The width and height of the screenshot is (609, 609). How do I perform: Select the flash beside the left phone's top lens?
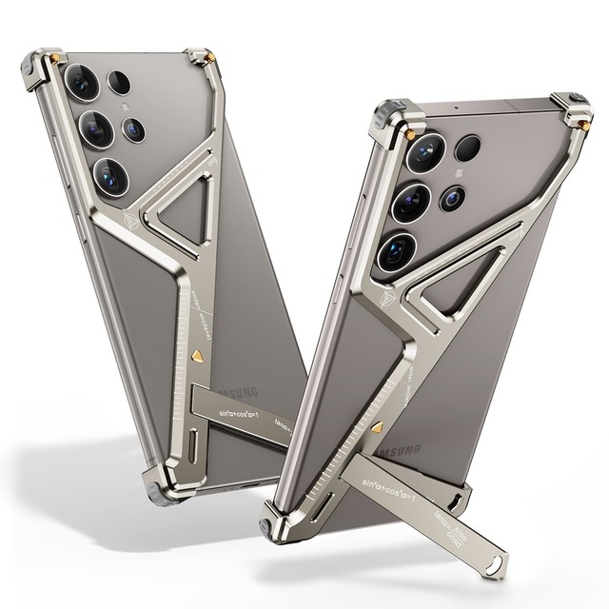point(120,82)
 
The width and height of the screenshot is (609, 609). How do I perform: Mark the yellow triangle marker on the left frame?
point(194,353)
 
